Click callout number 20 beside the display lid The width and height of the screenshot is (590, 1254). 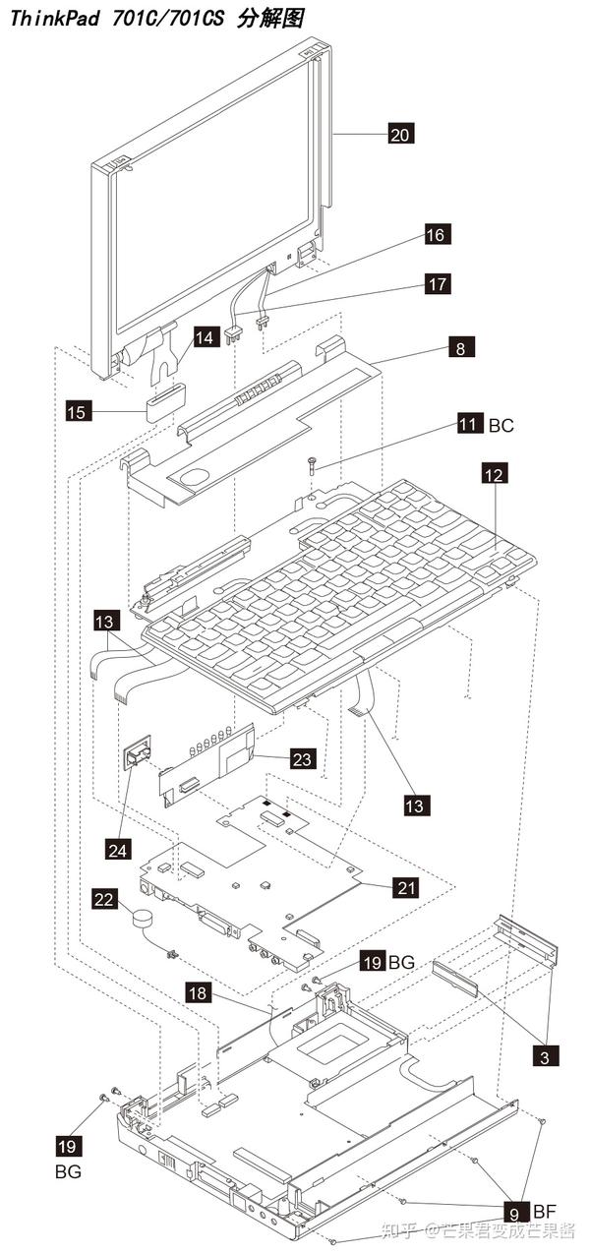click(x=400, y=134)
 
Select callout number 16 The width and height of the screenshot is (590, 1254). click(x=437, y=234)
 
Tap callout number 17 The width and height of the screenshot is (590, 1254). click(x=437, y=283)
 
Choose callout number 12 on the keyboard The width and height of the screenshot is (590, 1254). click(x=495, y=474)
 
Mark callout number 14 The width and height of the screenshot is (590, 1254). click(x=204, y=337)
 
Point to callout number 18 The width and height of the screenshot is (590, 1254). click(x=198, y=993)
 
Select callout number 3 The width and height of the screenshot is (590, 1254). click(x=545, y=1057)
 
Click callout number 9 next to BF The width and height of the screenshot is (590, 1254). click(x=515, y=1209)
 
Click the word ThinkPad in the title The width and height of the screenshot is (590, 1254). click(x=48, y=18)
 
